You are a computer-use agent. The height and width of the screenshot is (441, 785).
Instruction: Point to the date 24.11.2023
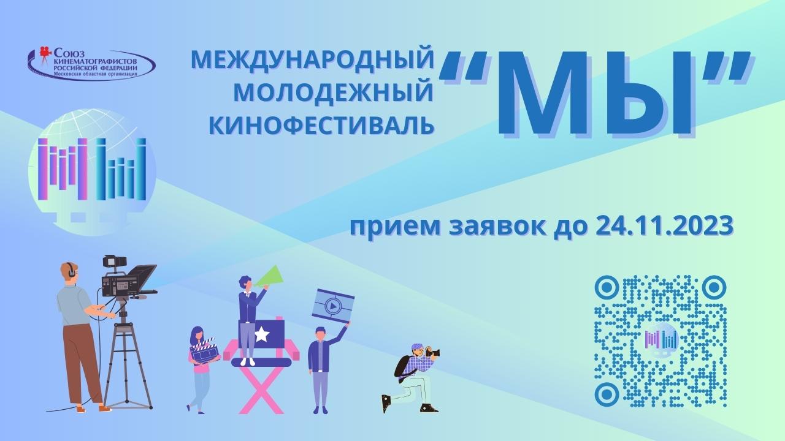point(665,226)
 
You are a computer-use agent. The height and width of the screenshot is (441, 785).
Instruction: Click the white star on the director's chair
point(262,334)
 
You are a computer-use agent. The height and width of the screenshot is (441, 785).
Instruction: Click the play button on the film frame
point(333,304)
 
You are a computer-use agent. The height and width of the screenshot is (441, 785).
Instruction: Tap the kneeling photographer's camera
point(432,352)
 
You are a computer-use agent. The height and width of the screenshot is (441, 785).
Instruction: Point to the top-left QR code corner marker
point(607,286)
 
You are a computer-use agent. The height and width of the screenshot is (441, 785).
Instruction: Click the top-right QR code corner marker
point(714,286)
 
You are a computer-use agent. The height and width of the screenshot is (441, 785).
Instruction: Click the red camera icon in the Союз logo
point(44,53)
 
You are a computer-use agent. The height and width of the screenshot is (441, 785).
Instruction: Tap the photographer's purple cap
point(417,347)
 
